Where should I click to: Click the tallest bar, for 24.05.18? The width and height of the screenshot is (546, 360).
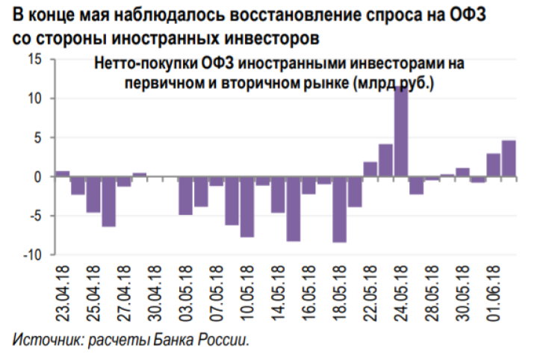(x=401, y=131)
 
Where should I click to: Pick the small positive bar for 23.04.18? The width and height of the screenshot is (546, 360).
(x=63, y=174)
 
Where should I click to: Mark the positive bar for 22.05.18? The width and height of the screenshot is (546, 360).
(x=370, y=169)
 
